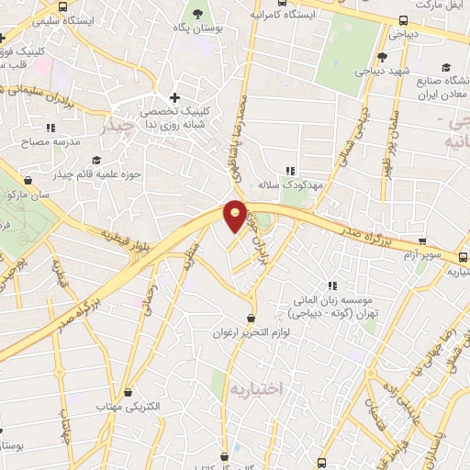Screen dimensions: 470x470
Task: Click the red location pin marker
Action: coord(235,215)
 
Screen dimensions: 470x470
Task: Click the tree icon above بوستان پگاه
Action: coord(196,13)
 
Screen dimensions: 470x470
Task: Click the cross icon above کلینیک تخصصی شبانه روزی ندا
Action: coord(175,97)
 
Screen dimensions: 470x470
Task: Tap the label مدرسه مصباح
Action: coord(58,143)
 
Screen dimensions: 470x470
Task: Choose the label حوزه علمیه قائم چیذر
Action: coord(88,172)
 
